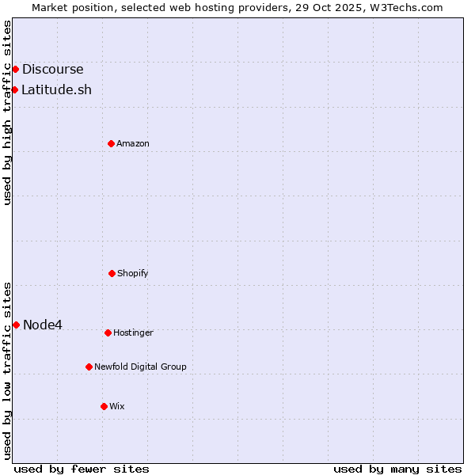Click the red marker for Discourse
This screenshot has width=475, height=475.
(x=15, y=70)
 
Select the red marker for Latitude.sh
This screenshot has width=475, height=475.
(x=14, y=89)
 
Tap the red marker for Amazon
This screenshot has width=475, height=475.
(x=111, y=143)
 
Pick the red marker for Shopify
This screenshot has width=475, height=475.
(x=112, y=273)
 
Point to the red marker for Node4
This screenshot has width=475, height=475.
(x=16, y=325)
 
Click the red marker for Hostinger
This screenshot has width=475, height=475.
(x=108, y=332)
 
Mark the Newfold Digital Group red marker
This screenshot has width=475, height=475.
(x=89, y=367)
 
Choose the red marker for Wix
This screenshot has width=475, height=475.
(x=104, y=406)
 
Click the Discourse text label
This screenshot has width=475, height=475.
(x=52, y=70)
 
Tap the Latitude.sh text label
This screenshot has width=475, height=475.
(x=56, y=89)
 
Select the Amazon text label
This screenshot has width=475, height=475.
(x=133, y=143)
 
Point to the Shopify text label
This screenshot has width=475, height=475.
(x=133, y=273)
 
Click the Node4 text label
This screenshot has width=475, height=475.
(x=43, y=325)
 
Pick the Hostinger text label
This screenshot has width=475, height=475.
(x=133, y=332)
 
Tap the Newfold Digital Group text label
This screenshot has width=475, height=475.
(x=140, y=367)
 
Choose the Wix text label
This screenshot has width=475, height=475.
(x=117, y=406)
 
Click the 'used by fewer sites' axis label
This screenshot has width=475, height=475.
(x=82, y=469)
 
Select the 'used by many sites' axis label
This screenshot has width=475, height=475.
(x=397, y=469)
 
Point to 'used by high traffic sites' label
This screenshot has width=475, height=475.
(x=7, y=112)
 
